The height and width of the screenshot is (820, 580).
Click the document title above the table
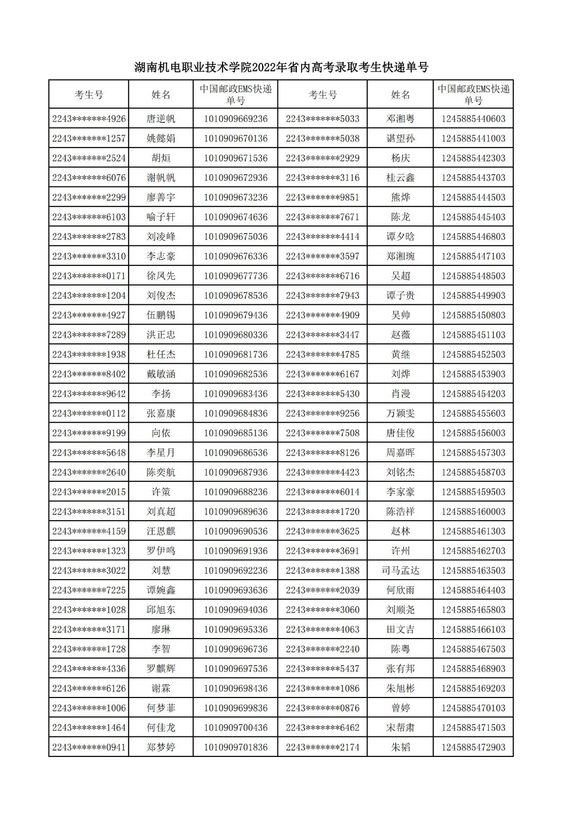(281, 67)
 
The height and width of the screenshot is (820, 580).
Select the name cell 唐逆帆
(161, 119)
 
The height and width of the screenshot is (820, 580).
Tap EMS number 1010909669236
(235, 119)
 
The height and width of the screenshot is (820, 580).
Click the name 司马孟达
(400, 570)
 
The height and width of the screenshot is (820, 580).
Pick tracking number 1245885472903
(473, 747)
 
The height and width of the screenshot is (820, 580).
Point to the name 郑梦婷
(161, 747)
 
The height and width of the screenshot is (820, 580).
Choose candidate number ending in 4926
(89, 119)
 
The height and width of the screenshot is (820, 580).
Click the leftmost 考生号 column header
(89, 95)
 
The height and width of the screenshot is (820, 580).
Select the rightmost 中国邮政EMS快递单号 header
(473, 95)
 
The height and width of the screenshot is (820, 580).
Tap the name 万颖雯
(400, 414)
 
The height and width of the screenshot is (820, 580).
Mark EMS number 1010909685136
(235, 433)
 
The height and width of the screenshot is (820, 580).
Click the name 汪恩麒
(161, 531)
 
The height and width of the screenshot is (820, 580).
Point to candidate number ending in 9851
(323, 197)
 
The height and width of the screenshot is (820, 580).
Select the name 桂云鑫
(400, 178)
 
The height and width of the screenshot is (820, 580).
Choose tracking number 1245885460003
(473, 511)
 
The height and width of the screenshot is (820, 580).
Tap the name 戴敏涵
(161, 374)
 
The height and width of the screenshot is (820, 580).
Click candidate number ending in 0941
(89, 747)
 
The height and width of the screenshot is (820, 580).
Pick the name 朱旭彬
(400, 688)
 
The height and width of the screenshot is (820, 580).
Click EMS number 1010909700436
(235, 728)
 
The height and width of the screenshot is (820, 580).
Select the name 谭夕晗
(400, 237)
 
